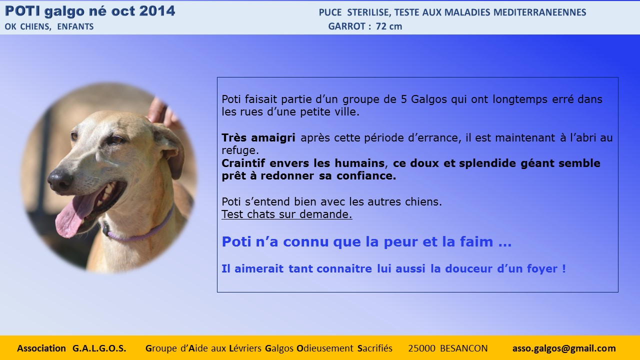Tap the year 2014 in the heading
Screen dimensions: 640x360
(157, 11)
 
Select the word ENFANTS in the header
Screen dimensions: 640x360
(75, 26)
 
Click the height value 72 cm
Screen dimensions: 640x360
(389, 26)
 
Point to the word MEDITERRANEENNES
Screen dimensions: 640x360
(539, 12)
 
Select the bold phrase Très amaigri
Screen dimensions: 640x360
(258, 137)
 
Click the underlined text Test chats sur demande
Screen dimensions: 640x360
(287, 214)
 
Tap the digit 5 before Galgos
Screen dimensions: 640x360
(403, 99)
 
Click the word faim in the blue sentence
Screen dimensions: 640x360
(476, 241)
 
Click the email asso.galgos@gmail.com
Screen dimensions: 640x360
(564, 348)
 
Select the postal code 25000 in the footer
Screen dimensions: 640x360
(421, 348)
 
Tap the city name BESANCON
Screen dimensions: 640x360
(464, 348)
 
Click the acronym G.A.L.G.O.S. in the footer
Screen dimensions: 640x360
(99, 348)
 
